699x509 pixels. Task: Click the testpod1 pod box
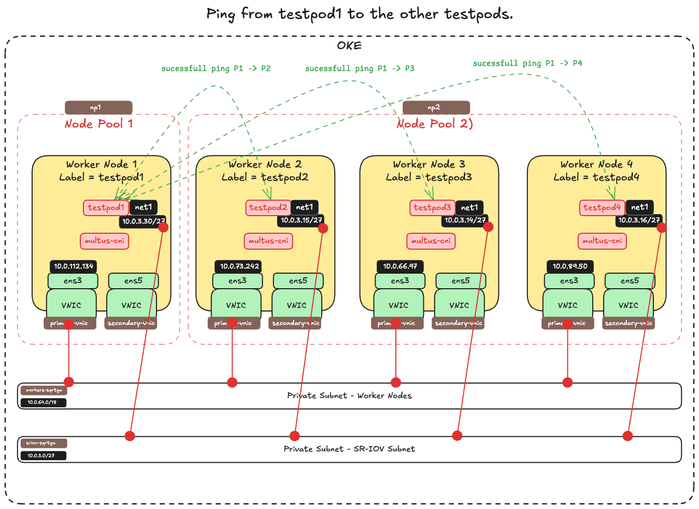(106, 208)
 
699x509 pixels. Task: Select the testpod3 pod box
(433, 208)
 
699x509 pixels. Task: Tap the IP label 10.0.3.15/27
(301, 220)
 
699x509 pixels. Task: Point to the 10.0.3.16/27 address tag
(638, 220)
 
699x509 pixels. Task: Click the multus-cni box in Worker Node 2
(268, 241)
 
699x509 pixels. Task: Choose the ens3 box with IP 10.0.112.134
(73, 281)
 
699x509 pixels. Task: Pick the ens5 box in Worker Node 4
(630, 281)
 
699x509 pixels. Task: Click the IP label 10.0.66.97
(400, 266)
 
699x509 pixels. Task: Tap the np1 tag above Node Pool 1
(98, 108)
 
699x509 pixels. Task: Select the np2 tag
(436, 108)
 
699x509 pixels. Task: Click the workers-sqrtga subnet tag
(44, 390)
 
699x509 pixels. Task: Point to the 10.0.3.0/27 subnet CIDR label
(44, 456)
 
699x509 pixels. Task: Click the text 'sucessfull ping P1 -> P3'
(360, 68)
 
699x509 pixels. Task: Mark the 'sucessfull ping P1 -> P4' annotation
(527, 63)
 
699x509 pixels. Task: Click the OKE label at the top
(349, 46)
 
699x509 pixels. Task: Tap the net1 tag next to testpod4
(639, 207)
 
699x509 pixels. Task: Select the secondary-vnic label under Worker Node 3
(459, 323)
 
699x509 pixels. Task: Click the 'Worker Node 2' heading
(265, 164)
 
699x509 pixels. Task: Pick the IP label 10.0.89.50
(570, 266)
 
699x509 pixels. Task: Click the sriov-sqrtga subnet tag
(44, 443)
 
